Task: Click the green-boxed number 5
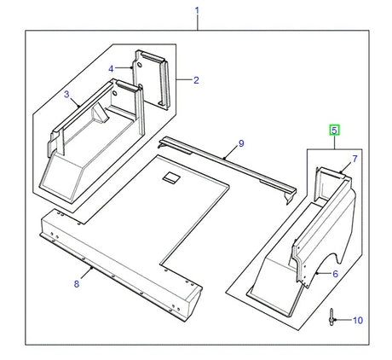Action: tap(335, 131)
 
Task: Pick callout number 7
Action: tap(355, 159)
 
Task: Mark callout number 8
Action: tap(76, 283)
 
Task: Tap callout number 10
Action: tap(358, 320)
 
